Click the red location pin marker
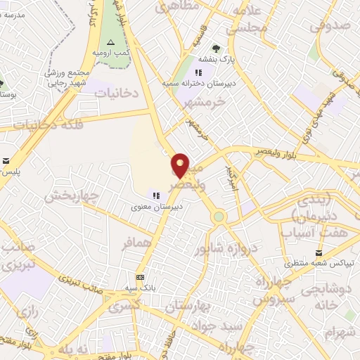coord(181,165)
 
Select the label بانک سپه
coord(141,288)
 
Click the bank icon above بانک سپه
coord(140,277)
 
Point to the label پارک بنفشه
coord(216,60)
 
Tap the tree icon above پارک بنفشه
coord(216,49)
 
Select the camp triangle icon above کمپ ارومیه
coord(110,43)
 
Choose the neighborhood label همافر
coord(136,243)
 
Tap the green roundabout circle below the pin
coord(219,217)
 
